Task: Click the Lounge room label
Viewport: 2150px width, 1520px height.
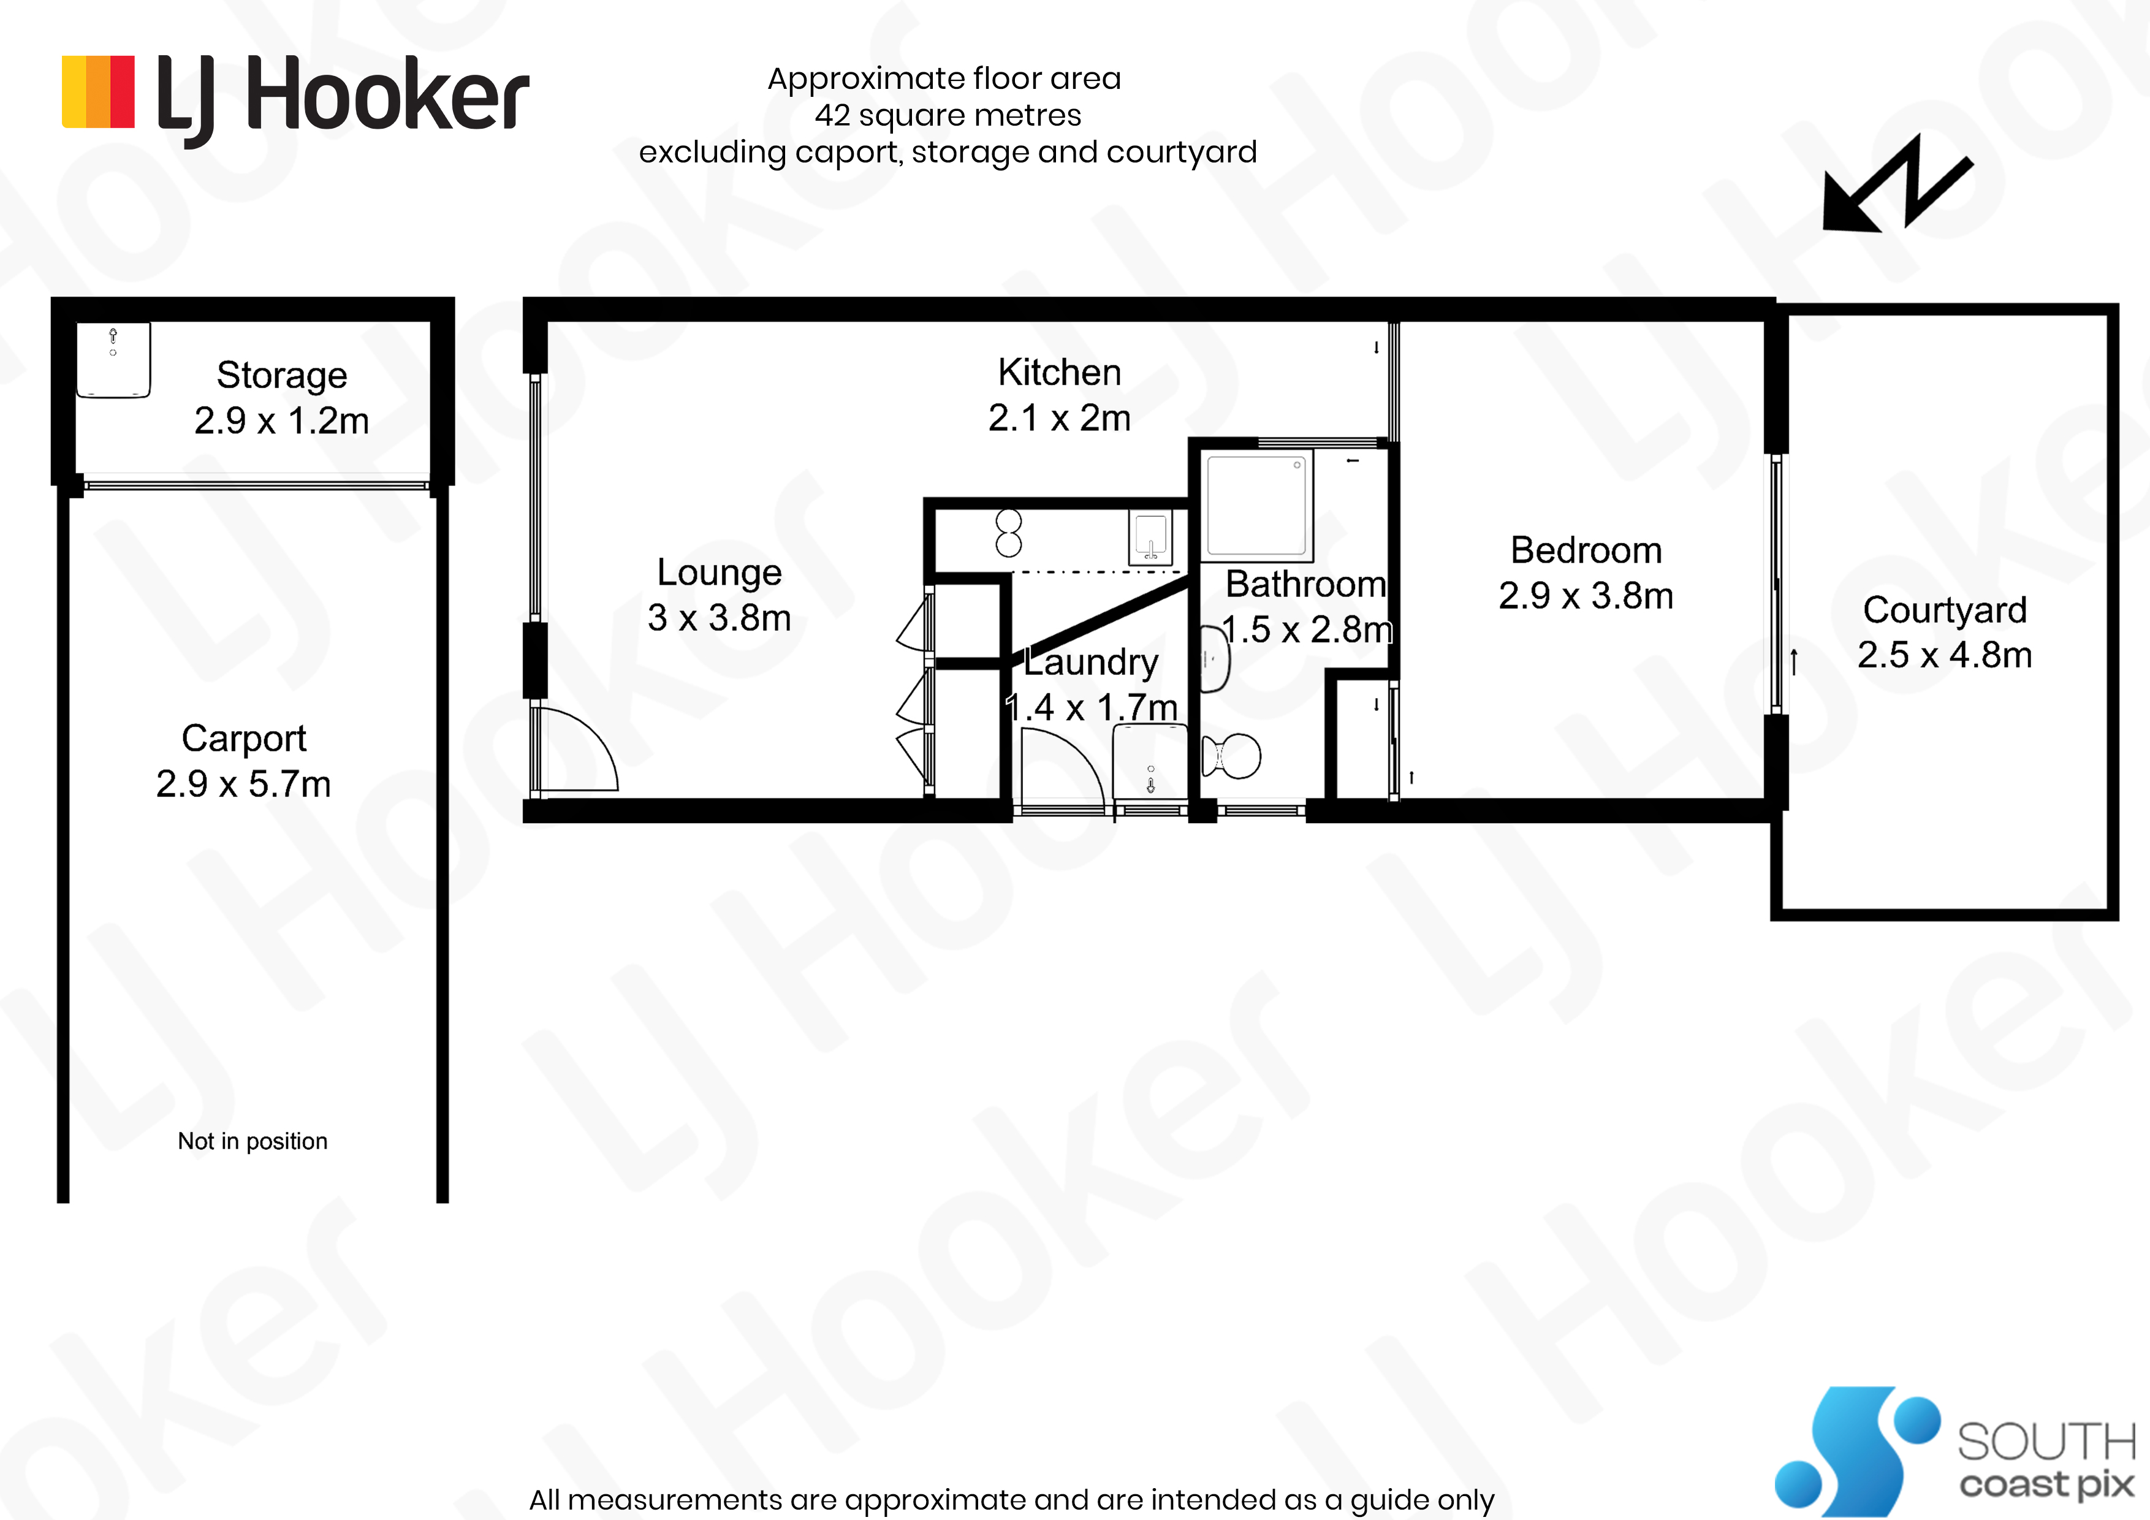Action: pos(719,572)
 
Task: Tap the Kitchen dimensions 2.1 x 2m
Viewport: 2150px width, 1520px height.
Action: pos(1059,418)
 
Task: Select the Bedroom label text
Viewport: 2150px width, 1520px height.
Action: pos(1586,550)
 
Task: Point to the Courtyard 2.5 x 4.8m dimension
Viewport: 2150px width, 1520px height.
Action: pos(1945,655)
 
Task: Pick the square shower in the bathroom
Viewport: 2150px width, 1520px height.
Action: pos(1256,505)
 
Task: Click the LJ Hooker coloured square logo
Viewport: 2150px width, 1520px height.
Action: pos(97,92)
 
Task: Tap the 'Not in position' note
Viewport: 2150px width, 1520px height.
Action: pos(253,1141)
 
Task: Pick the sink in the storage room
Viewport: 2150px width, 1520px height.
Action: pos(113,360)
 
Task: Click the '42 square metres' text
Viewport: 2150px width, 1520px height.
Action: pos(948,115)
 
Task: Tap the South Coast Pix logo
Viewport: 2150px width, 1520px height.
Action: pos(1955,1451)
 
